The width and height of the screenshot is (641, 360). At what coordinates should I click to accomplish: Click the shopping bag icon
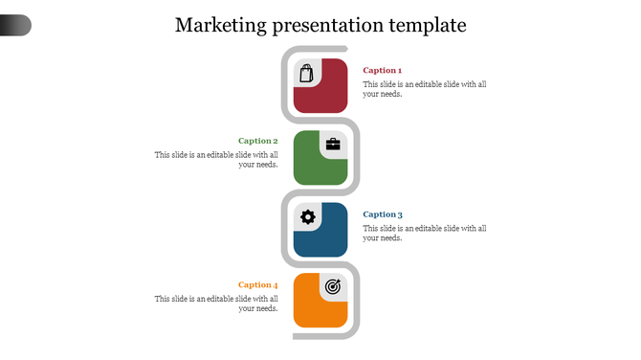pos(306,74)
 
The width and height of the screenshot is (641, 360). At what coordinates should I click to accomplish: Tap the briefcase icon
pos(333,145)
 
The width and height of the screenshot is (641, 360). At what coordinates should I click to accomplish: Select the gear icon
pos(307,216)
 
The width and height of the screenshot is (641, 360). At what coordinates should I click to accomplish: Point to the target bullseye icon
pos(333,285)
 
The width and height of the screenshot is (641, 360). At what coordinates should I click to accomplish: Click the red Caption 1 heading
pos(382,70)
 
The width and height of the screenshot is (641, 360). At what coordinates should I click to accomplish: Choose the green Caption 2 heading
pos(258,141)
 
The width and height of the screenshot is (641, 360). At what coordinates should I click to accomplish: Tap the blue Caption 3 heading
pos(383,214)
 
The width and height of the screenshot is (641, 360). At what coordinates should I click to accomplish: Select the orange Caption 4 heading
pos(258,284)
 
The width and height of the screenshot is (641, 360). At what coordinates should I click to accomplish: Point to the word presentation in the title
pos(327,26)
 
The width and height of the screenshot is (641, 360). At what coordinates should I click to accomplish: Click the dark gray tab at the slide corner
pos(15,26)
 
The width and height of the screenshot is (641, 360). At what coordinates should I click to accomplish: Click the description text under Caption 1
pos(425,89)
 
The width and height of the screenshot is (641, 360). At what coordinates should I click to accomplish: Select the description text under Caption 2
pos(217,159)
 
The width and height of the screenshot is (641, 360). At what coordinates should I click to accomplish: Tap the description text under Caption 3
pos(425,233)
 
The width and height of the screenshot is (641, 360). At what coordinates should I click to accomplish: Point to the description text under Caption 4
pos(217,304)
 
